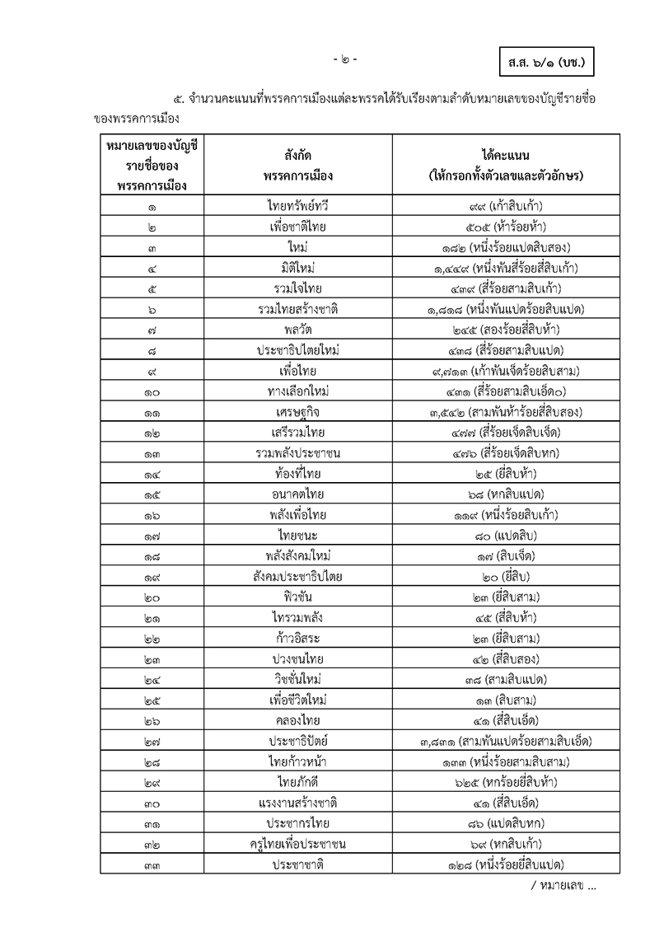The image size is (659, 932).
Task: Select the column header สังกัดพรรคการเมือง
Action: pyautogui.click(x=298, y=164)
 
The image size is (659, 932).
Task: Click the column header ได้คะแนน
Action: pyautogui.click(x=506, y=164)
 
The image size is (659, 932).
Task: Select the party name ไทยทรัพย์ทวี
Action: pyautogui.click(x=298, y=206)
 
